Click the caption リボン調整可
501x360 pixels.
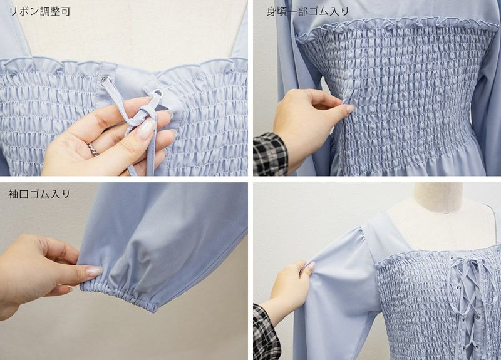pos(39,11)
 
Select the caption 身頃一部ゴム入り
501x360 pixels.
pos(307,11)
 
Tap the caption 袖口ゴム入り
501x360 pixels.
pos(39,194)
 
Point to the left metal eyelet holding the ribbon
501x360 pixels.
pos(105,80)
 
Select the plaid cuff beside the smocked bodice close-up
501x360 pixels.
pos(270,155)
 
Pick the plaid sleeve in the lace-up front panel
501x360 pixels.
pos(266,332)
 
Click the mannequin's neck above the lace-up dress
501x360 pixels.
pos(437,198)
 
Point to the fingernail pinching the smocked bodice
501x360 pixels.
pos(349,108)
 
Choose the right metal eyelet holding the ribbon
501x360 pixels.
pos(157,94)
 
